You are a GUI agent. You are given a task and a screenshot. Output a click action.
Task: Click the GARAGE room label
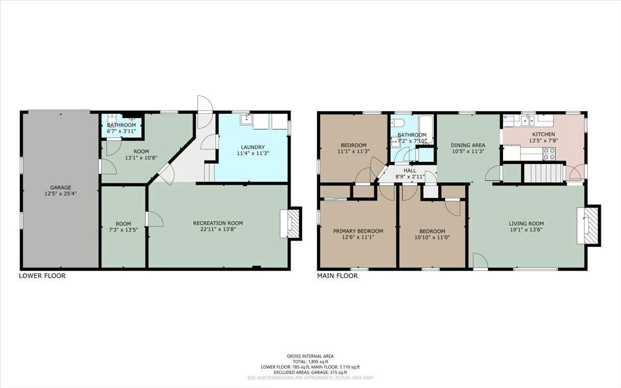click(x=61, y=187)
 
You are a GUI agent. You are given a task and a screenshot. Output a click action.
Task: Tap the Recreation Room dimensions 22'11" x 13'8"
click(x=218, y=229)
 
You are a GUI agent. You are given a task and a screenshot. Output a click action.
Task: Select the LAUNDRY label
click(x=253, y=147)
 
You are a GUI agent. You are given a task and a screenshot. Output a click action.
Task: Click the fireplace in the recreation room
click(x=291, y=223)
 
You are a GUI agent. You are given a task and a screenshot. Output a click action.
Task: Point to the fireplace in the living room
click(x=588, y=226)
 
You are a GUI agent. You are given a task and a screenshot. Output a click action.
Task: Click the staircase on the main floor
click(x=544, y=173)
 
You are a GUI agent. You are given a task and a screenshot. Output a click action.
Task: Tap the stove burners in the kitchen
click(x=550, y=154)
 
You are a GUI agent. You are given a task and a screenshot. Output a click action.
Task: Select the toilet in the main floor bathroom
click(x=398, y=123)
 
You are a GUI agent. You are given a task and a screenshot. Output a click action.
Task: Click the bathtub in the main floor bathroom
click(x=426, y=129)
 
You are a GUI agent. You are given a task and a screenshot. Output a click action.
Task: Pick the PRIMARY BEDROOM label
click(x=358, y=231)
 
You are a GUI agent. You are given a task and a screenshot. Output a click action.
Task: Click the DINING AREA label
click(x=468, y=145)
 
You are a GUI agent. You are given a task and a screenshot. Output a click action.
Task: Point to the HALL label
click(x=410, y=170)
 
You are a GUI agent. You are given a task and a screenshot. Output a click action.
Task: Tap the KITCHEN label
click(x=544, y=135)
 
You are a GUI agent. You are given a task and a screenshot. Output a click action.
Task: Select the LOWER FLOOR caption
click(x=42, y=276)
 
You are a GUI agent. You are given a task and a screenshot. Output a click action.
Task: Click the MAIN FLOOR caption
click(x=337, y=276)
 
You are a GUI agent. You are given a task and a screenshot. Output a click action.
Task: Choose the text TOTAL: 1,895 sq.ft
click(x=310, y=362)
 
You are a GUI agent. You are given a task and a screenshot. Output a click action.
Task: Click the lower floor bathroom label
click(x=122, y=125)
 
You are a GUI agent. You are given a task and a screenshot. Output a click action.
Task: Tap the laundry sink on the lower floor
click(x=246, y=120)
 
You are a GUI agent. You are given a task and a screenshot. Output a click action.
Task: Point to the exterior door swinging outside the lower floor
click(x=204, y=112)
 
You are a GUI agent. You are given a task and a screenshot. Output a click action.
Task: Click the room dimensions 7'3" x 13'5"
click(x=123, y=230)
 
